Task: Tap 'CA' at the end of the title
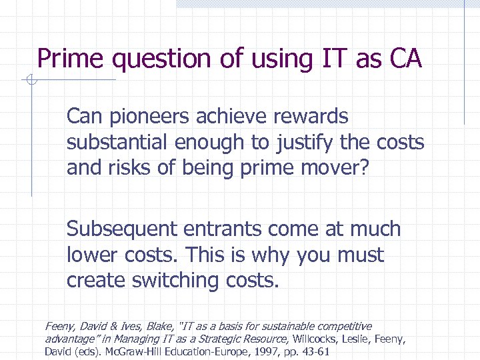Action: click(405, 59)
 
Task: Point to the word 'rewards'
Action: click(311, 117)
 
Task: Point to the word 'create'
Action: click(96, 281)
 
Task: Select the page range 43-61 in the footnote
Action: click(315, 352)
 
